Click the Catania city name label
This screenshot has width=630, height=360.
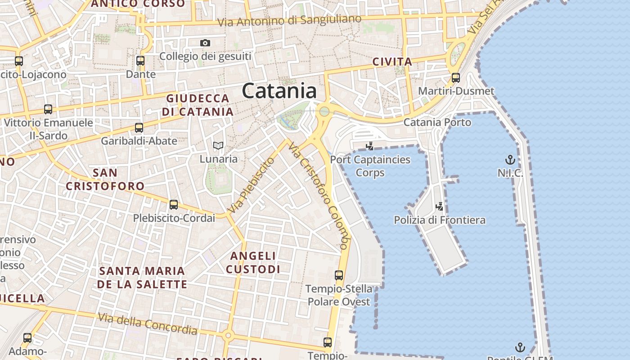point(279,91)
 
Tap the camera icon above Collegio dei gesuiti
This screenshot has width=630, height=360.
point(205,43)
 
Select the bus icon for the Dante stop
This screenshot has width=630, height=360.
point(140,60)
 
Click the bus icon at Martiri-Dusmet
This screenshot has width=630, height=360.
point(456,77)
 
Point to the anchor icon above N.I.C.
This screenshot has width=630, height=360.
point(510,159)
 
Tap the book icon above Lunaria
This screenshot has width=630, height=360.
point(218,145)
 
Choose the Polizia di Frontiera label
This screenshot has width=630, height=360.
point(440,220)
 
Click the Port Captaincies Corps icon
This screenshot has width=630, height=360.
point(370,146)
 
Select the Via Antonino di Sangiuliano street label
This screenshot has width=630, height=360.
point(289,20)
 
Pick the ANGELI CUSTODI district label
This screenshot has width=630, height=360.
point(253,263)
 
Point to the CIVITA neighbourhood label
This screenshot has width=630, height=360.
point(392,62)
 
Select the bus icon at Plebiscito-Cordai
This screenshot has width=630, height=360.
point(174,205)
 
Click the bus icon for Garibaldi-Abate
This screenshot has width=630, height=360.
point(139,127)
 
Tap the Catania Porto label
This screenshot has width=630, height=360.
point(437,122)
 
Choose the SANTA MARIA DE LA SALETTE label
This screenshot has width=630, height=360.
point(142,277)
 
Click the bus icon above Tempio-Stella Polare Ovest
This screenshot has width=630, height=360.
point(339,275)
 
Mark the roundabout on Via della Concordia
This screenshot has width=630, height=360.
point(228,335)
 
